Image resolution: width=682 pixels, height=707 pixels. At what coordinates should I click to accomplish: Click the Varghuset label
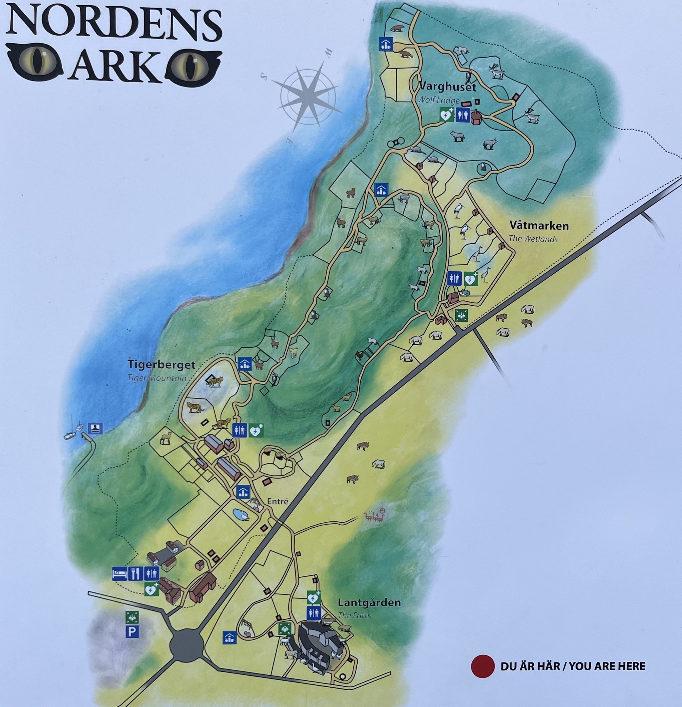pyautogui.click(x=448, y=87)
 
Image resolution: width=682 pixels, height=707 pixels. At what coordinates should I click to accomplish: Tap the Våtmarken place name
pyautogui.click(x=539, y=226)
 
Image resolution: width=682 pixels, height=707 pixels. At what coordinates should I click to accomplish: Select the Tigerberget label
pyautogui.click(x=161, y=364)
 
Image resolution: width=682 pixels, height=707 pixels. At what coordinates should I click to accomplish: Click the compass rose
pyautogui.click(x=309, y=95)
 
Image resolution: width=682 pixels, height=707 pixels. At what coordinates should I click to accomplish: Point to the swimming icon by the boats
pyautogui.click(x=95, y=428)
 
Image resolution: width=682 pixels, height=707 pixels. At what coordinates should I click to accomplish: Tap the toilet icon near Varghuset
pyautogui.click(x=463, y=115)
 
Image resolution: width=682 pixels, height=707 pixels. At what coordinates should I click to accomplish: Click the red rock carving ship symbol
pyautogui.click(x=374, y=516)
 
